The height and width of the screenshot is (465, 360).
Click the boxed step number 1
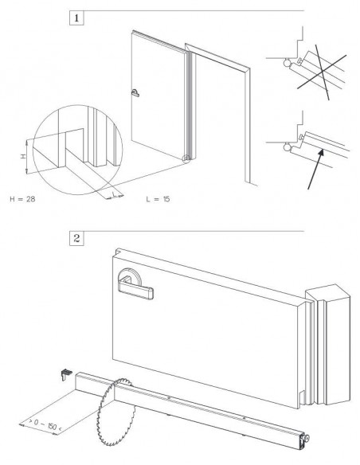[76, 18]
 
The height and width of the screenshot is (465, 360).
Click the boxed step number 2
[76, 238]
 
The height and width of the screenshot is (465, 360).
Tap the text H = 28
[22, 199]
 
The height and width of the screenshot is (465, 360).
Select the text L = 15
[158, 199]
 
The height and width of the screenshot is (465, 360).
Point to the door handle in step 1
[135, 93]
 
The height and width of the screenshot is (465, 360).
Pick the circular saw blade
[115, 412]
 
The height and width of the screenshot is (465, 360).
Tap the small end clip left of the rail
[66, 374]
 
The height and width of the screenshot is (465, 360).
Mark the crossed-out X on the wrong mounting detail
[322, 72]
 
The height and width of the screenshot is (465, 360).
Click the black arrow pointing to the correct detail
[315, 170]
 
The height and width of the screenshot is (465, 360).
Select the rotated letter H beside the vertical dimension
[22, 156]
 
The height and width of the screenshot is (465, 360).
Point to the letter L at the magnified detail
[114, 194]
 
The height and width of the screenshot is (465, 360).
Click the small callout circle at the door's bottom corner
[186, 158]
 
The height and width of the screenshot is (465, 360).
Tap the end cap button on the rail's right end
[307, 438]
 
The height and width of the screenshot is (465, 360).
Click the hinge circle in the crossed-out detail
[288, 63]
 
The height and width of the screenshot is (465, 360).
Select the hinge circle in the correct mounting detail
[288, 147]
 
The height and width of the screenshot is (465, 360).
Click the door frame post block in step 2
[328, 345]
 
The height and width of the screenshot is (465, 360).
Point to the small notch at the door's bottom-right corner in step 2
[302, 398]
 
